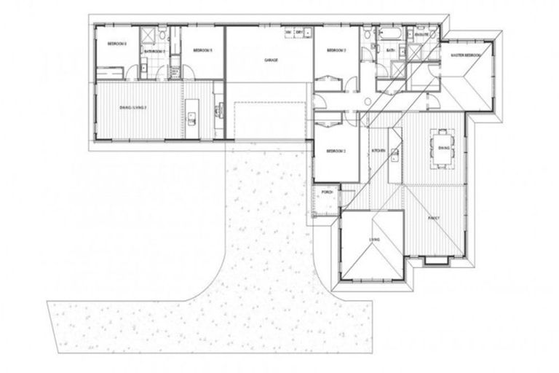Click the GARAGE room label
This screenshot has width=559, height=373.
[272, 61]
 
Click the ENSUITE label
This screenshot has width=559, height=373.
[421, 34]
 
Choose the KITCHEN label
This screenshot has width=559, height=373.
[378, 150]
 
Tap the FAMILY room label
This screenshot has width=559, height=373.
[434, 217]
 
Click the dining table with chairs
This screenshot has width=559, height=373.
[443, 148]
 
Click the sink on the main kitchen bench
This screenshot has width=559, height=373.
[394, 154]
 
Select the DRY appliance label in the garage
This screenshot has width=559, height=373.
[299, 34]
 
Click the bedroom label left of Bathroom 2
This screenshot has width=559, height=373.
[117, 44]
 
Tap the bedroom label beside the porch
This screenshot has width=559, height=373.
[335, 151]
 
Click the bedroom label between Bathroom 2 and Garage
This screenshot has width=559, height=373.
[202, 50]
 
